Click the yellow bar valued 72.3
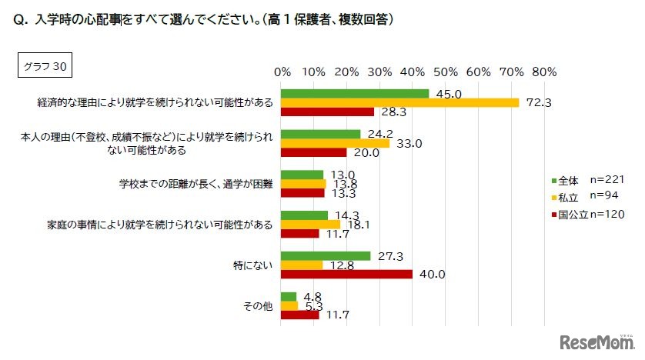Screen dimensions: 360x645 [400, 102]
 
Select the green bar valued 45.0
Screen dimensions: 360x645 [355, 94]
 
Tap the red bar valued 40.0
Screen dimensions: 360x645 [347, 274]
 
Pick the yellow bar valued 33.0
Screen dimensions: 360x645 [336, 143]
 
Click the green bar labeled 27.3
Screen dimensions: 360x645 [326, 255]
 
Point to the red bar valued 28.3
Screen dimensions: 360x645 [328, 112]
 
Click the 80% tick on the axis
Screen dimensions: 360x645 [544, 72]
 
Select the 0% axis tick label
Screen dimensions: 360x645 [282, 72]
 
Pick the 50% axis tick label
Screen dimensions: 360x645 [446, 72]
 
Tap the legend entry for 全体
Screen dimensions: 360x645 [566, 179]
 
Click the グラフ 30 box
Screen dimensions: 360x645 [44, 66]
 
